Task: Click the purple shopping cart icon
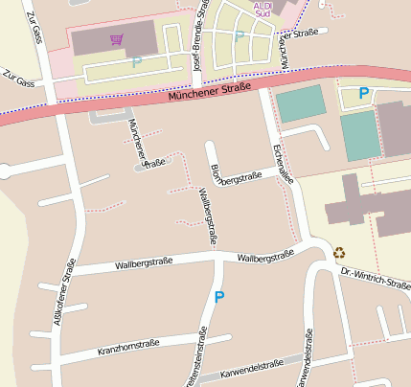(117, 40)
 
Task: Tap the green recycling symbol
(340, 254)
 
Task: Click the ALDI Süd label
(263, 10)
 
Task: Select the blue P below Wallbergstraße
(219, 298)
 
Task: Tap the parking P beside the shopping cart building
(136, 61)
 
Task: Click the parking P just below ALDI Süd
(239, 36)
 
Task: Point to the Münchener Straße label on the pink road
(209, 94)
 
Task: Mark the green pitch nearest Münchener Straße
(300, 103)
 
